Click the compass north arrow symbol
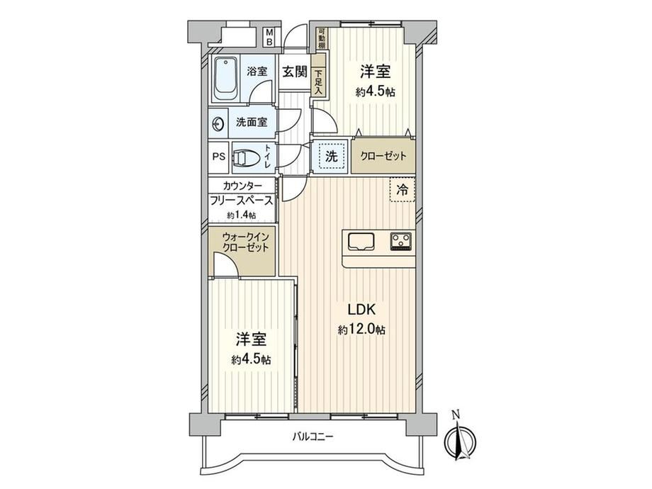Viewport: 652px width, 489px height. pos(461,436)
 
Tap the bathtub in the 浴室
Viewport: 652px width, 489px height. pos(226,78)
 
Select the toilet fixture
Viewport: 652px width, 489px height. pos(244,157)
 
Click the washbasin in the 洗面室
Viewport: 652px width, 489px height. pos(218,123)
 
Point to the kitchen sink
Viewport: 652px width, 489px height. pos(361,242)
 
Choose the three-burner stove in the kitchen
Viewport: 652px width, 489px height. pos(401,242)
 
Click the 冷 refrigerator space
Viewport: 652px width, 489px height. pos(403,190)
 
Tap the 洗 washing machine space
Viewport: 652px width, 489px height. pos(332,156)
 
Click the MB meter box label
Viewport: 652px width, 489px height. pos(269,37)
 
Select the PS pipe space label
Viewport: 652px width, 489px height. pos(219,157)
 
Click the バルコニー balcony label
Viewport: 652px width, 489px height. pos(313,437)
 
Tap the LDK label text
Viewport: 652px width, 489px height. pos(361,310)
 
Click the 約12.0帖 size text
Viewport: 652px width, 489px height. pos(361,330)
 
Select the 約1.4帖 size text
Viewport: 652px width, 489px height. pos(241,215)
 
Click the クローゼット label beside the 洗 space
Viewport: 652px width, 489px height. pos(383,157)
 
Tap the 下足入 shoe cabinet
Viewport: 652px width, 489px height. pos(318,82)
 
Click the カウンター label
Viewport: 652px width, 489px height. pos(242,186)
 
